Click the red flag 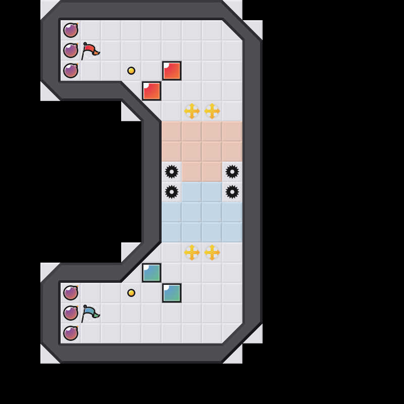90,50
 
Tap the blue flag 90,313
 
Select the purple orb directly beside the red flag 71,50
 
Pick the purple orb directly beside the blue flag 71,313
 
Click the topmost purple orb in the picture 71,30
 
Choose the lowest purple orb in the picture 71,333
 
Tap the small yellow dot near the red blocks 131,71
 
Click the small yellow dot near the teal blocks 131,293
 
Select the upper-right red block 172,71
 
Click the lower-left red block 151,91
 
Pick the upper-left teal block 151,273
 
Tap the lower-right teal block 172,293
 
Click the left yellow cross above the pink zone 192,111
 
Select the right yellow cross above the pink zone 212,111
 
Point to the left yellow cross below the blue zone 192,252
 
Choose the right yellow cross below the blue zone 212,252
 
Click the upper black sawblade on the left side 172,172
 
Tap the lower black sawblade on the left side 172,192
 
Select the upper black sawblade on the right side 232,172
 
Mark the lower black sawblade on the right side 232,192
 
